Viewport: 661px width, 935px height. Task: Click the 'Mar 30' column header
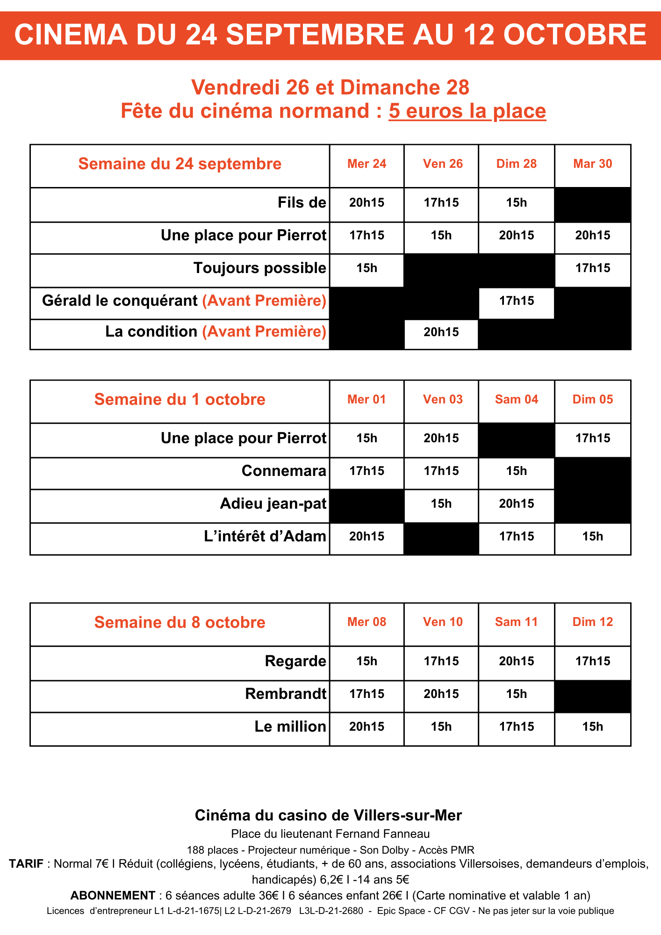[592, 164]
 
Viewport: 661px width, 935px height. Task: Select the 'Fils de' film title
[302, 202]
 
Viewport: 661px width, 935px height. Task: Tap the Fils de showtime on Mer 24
[366, 202]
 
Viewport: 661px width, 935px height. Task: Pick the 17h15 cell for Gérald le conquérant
[516, 301]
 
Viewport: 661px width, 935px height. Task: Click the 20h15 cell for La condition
[441, 332]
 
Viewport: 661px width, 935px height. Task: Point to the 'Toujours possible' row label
[259, 268]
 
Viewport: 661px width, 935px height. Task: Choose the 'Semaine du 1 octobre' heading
[180, 400]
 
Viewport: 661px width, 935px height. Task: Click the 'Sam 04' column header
[516, 400]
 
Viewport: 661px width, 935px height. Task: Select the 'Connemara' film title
[284, 471]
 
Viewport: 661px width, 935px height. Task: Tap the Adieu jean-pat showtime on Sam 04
[516, 503]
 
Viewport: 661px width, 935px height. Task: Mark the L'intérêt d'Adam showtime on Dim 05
[592, 536]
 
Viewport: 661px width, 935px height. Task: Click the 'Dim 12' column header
[592, 622]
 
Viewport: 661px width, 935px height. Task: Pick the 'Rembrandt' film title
[285, 694]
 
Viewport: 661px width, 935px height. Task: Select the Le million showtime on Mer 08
[366, 726]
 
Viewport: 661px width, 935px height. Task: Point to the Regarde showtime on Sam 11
[516, 661]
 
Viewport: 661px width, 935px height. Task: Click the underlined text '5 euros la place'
[467, 111]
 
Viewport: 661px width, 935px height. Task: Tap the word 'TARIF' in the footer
[26, 864]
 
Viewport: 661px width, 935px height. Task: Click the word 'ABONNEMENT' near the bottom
[113, 896]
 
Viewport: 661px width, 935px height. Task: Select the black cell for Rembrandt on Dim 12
[592, 696]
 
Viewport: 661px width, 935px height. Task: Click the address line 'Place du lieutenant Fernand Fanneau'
[330, 834]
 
